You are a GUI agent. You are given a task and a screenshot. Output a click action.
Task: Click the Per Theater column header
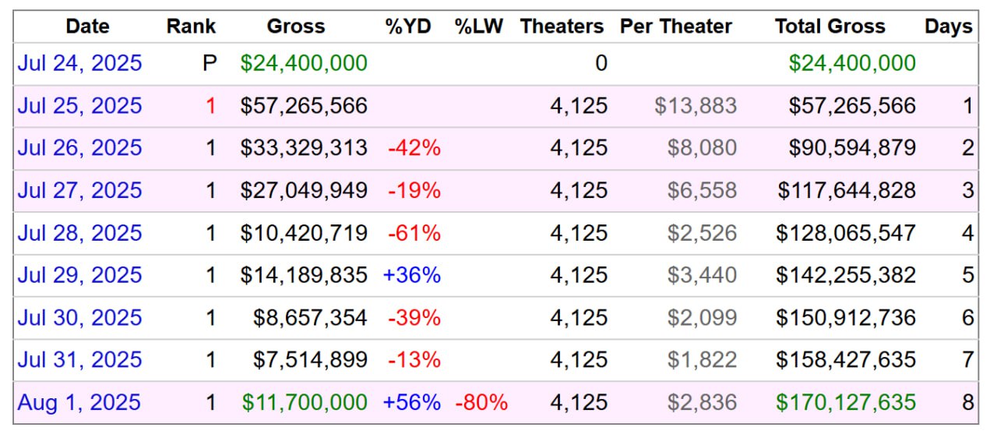675,26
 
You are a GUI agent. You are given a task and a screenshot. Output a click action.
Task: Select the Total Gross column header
830,26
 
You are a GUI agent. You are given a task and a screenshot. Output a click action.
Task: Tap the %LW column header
479,26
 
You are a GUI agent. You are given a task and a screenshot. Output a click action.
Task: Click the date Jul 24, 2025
79,63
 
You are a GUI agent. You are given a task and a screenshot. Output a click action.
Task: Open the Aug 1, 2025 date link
79,402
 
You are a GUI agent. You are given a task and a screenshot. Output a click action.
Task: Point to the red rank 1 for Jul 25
210,105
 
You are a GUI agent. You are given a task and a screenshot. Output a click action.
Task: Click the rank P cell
210,63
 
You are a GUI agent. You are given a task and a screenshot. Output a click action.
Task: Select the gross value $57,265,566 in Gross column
304,105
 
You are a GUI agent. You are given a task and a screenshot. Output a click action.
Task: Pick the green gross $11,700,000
305,402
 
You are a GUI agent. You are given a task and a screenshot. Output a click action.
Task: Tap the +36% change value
412,275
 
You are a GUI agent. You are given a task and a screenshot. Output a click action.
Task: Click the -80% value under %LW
481,402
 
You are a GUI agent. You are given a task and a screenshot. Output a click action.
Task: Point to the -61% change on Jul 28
414,233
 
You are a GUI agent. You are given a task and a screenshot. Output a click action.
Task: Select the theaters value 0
601,63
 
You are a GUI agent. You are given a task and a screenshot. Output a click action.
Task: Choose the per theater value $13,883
696,105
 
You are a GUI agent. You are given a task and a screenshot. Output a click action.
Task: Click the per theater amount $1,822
702,360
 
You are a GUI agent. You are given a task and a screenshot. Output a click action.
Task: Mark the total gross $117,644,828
847,190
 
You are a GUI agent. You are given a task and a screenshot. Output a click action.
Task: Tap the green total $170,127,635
852,402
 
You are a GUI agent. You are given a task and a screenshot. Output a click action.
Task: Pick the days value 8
967,402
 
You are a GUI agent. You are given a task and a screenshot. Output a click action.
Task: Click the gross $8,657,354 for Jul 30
310,317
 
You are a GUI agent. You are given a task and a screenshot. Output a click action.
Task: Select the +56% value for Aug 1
412,402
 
